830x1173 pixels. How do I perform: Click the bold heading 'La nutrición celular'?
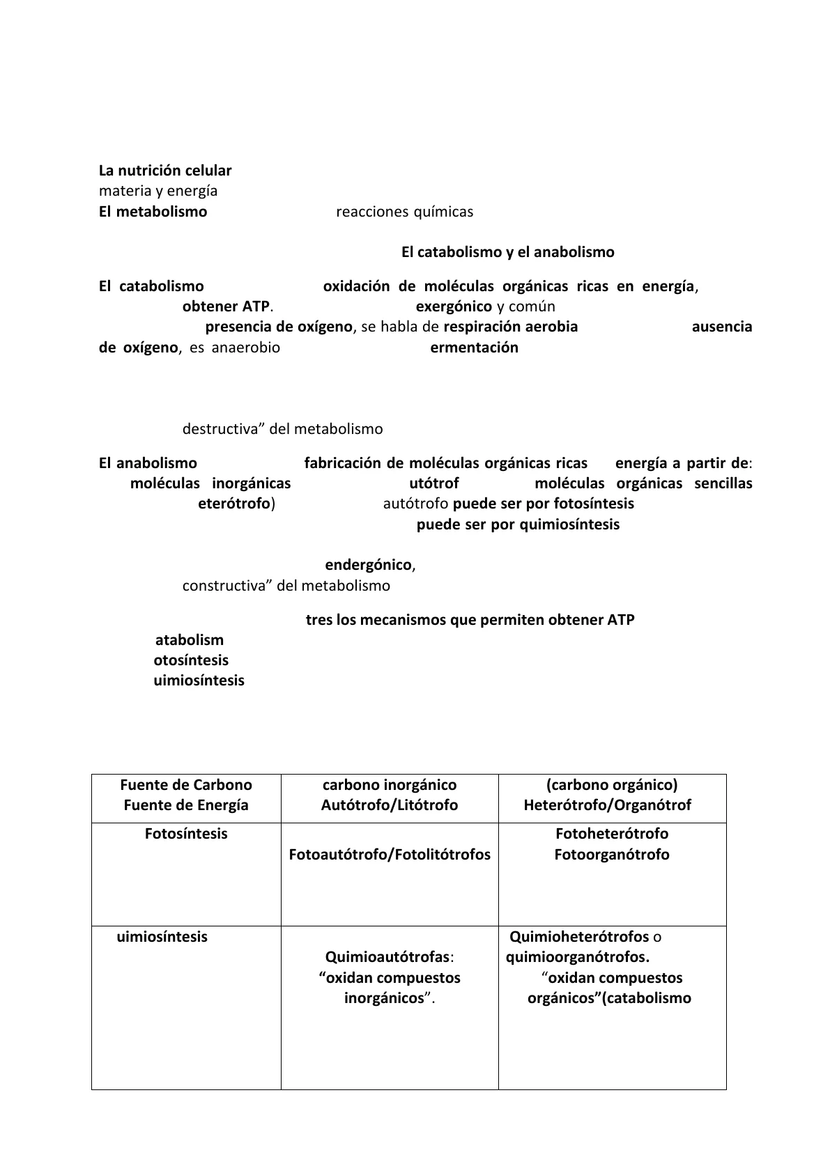[165, 171]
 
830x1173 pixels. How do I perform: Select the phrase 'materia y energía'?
[158, 191]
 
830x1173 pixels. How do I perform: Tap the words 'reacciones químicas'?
[404, 212]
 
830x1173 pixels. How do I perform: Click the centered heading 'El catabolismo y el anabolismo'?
[507, 252]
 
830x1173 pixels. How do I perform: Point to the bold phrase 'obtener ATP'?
[226, 306]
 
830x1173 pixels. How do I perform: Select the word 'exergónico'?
[454, 306]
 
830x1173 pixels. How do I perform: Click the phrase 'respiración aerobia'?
[510, 327]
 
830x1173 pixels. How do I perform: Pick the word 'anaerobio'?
[245, 348]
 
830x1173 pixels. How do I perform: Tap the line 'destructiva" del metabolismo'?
[282, 429]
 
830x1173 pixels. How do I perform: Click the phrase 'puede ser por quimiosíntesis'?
[518, 525]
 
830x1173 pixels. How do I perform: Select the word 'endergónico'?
[369, 565]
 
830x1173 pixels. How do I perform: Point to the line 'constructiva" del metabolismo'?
[286, 586]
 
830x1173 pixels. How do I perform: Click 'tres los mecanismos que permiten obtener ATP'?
[470, 620]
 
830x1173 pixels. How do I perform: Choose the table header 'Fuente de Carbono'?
[186, 785]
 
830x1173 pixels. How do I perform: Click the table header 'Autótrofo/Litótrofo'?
[390, 805]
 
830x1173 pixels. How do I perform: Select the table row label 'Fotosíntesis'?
[186, 834]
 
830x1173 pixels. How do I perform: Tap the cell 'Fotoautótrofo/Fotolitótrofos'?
[390, 855]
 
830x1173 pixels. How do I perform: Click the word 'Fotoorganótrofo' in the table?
[612, 855]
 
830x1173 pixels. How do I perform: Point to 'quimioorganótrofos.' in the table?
[578, 957]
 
